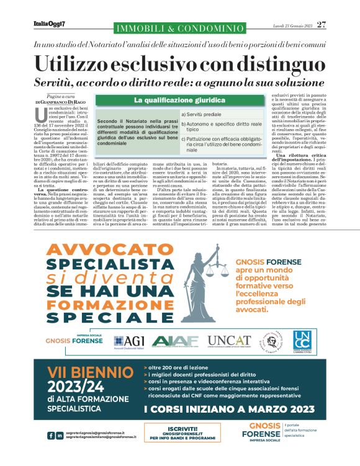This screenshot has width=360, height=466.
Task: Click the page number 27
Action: pos(321,24)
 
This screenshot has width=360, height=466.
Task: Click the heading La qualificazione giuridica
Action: pos(179,100)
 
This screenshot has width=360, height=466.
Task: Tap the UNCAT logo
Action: pos(229,341)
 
